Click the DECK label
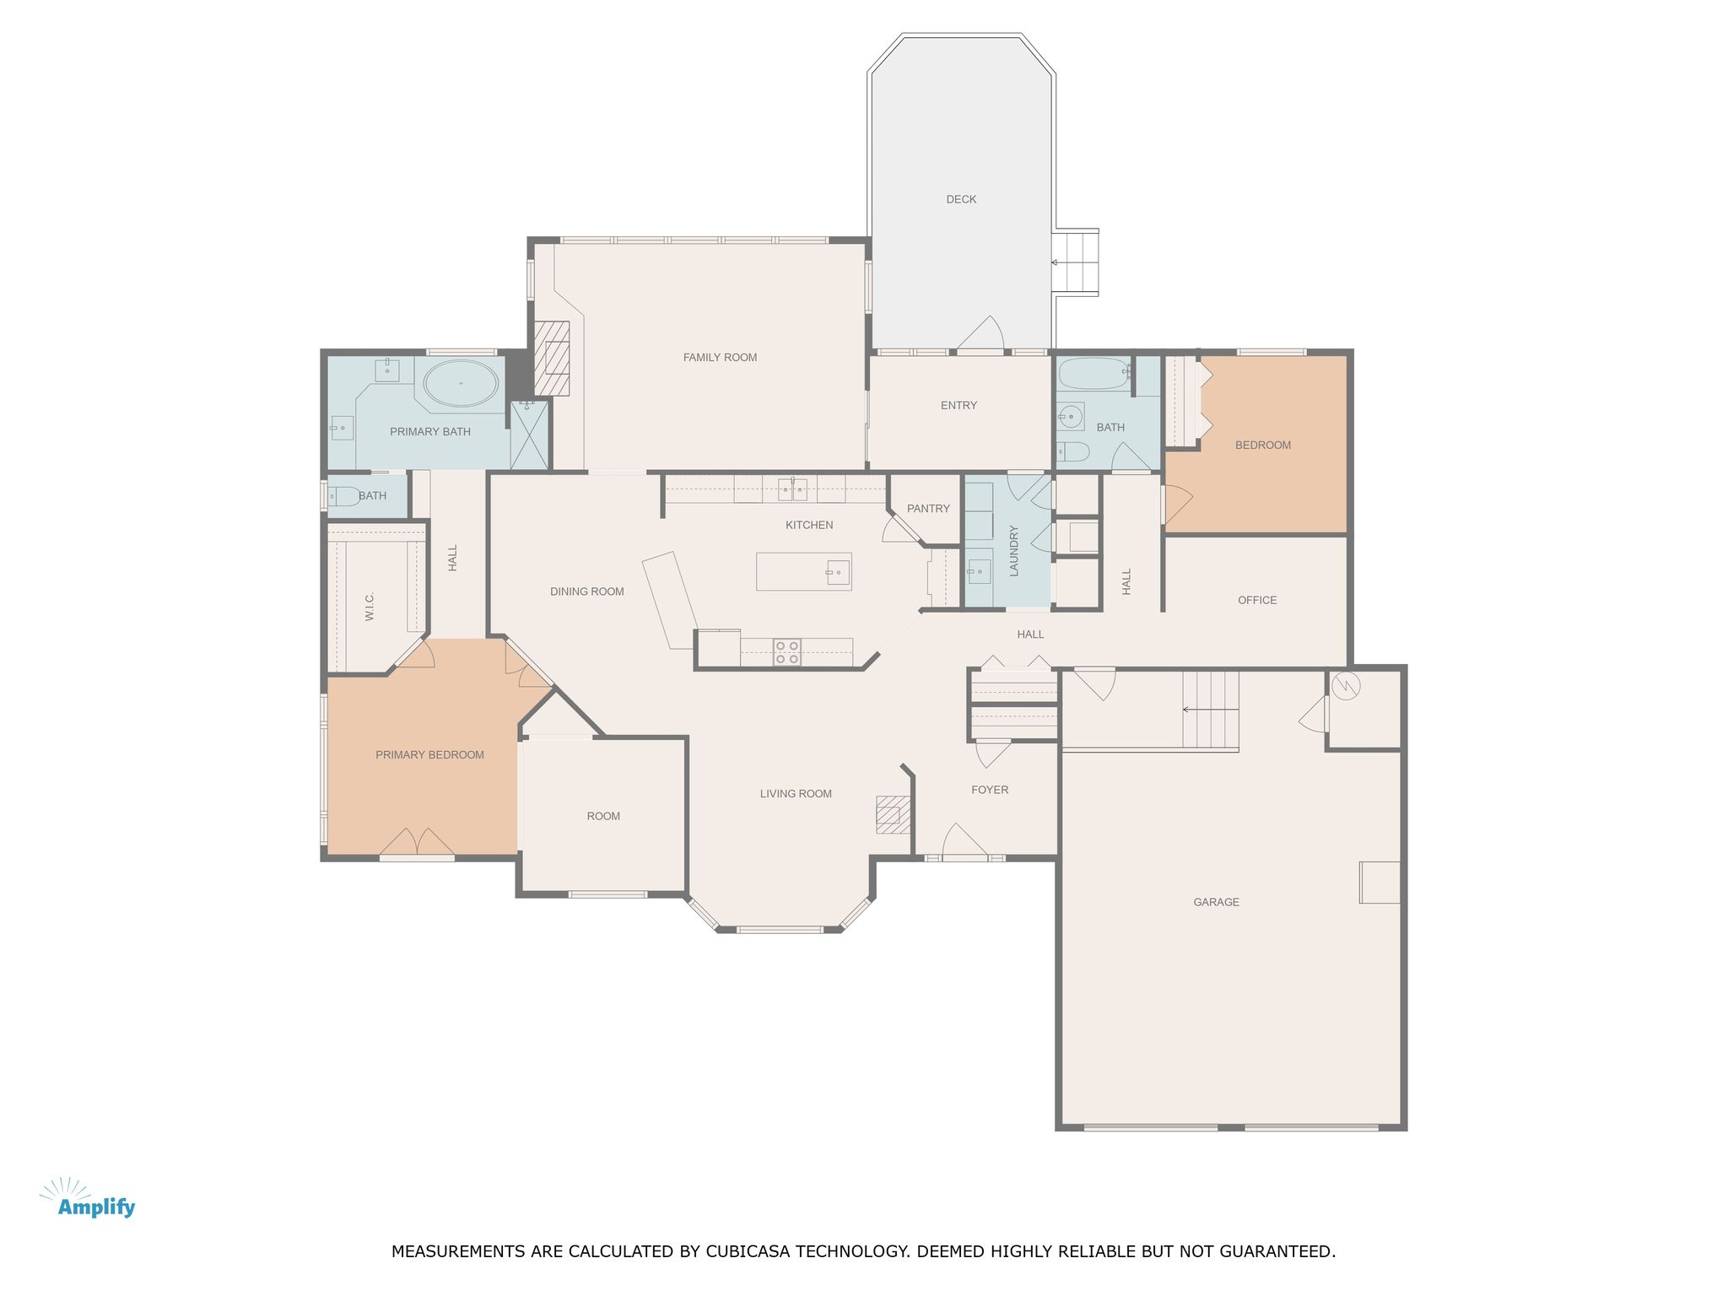pyautogui.click(x=961, y=200)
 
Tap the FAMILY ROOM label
pyautogui.click(x=720, y=358)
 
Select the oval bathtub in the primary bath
pyautogui.click(x=461, y=383)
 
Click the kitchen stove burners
pyautogui.click(x=786, y=652)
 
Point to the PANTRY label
pyautogui.click(x=928, y=509)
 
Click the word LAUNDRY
pyautogui.click(x=1014, y=551)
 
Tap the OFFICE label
pyautogui.click(x=1257, y=601)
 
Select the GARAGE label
pyautogui.click(x=1216, y=902)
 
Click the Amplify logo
pyautogui.click(x=89, y=1199)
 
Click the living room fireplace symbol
pyautogui.click(x=893, y=814)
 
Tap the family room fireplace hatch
pyautogui.click(x=553, y=359)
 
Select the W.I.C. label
pyautogui.click(x=370, y=607)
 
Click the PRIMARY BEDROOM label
pyautogui.click(x=429, y=755)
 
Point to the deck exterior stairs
pyautogui.click(x=1076, y=262)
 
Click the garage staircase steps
pyautogui.click(x=1210, y=710)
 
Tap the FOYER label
pyautogui.click(x=990, y=791)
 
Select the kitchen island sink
pyautogui.click(x=838, y=573)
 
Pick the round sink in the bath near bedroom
pyautogui.click(x=1071, y=416)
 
